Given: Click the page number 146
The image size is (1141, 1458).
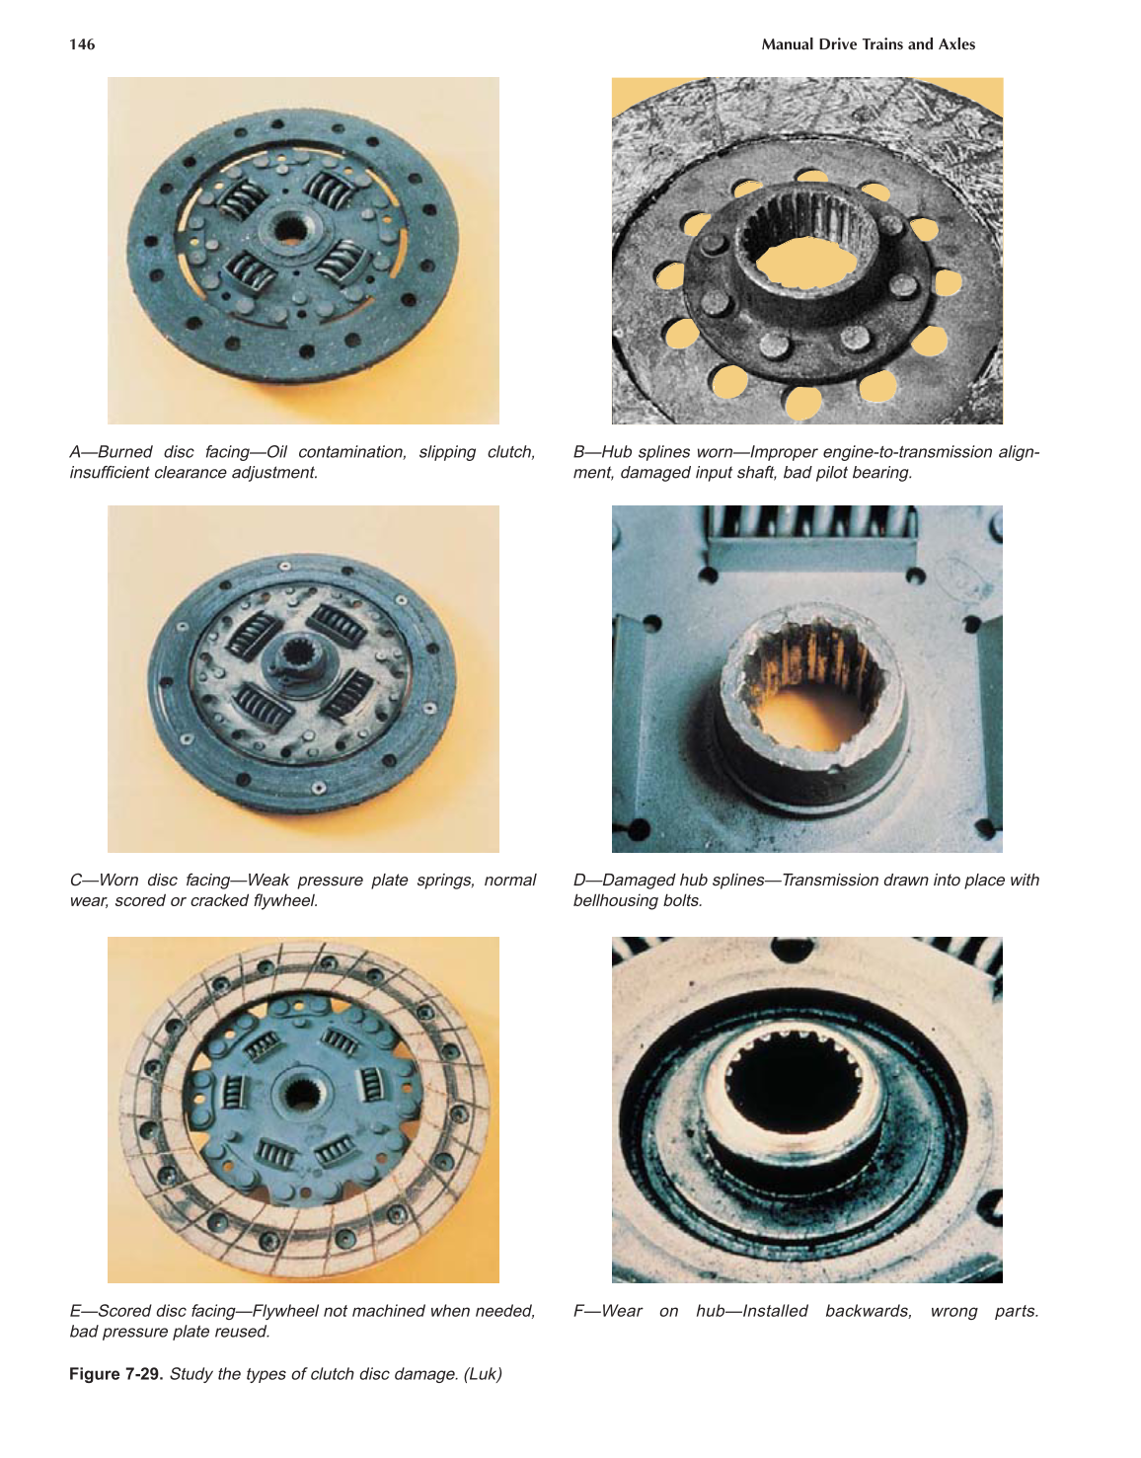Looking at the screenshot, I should pyautogui.click(x=82, y=44).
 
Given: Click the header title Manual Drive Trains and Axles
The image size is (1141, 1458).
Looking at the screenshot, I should pyautogui.click(x=868, y=44).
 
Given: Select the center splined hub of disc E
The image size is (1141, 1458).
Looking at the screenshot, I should pyautogui.click(x=296, y=1093).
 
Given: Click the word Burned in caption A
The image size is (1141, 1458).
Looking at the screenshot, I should pyautogui.click(x=124, y=452).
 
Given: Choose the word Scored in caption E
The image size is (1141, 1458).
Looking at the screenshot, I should pyautogui.click(x=124, y=1311).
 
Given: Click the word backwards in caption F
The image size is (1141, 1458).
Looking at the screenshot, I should pyautogui.click(x=869, y=1311).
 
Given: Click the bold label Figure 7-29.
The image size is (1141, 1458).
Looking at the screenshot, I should pyautogui.click(x=115, y=1374).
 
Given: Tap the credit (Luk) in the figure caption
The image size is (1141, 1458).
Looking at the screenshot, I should pyautogui.click(x=483, y=1374).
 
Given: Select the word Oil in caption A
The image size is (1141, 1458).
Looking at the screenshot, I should pyautogui.click(x=276, y=452).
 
